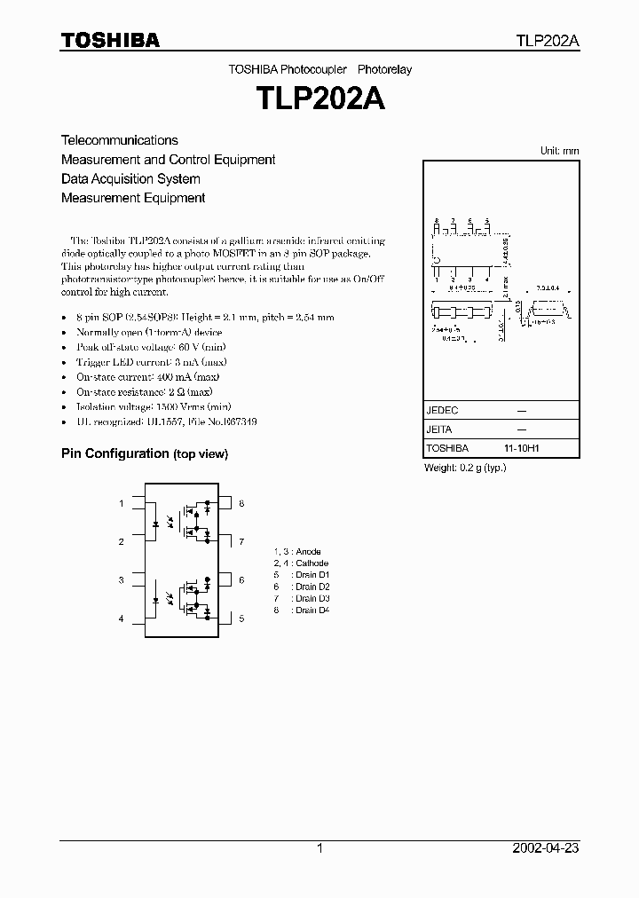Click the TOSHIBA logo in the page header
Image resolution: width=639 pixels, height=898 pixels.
(110, 40)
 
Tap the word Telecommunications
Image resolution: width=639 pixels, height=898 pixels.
(119, 140)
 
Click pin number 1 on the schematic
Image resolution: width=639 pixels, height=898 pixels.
(122, 504)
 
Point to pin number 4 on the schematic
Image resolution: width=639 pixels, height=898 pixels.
(122, 618)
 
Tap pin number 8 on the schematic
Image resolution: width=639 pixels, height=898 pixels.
(241, 504)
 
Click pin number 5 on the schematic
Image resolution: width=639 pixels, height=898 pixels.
(241, 618)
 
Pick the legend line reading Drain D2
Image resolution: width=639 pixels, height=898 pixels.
(302, 587)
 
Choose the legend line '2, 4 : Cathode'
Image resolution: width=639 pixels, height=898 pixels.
(301, 563)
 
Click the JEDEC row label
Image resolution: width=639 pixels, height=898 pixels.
(442, 411)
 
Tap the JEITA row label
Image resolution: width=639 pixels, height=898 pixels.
(440, 429)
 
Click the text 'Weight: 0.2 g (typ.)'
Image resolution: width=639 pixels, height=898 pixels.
(465, 468)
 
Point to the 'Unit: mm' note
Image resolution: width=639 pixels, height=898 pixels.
(559, 151)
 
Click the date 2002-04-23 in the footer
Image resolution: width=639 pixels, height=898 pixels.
(546, 848)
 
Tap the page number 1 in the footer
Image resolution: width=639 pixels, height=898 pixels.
(319, 848)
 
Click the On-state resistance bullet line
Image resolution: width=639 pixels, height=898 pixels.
(144, 391)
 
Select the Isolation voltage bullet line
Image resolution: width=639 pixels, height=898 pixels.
(144, 407)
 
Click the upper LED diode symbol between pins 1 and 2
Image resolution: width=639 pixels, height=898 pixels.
(156, 524)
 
